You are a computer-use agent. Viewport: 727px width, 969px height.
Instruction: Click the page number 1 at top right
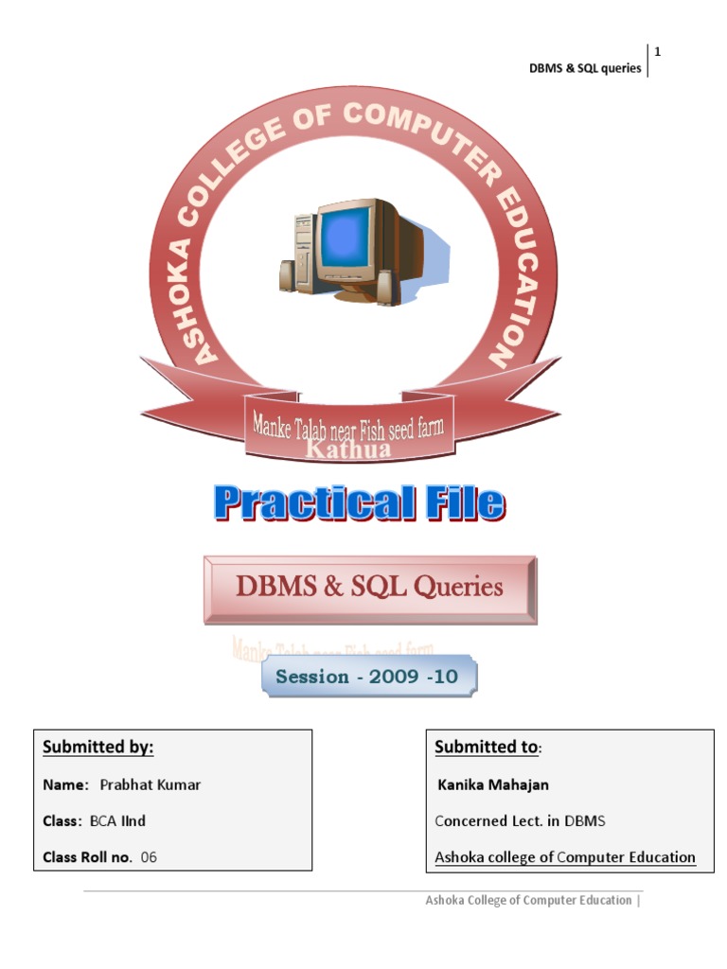(x=657, y=52)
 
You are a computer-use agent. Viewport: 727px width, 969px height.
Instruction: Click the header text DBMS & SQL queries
(x=584, y=69)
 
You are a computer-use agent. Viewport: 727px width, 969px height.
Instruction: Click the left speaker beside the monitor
(x=288, y=275)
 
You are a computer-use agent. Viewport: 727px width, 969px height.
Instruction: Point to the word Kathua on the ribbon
(x=347, y=449)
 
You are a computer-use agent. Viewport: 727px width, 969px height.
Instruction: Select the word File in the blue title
(x=462, y=502)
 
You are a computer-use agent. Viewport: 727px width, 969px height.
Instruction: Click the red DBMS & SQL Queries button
(x=369, y=588)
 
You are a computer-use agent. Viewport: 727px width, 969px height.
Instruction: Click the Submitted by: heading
(x=98, y=748)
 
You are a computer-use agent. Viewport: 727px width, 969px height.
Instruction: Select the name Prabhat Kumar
(x=150, y=784)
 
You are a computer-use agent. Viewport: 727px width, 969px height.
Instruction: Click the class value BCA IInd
(x=117, y=821)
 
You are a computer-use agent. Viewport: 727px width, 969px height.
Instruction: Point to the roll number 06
(x=149, y=857)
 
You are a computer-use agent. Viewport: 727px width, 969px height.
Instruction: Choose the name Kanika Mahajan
(x=493, y=784)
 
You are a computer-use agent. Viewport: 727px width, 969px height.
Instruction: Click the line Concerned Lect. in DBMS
(x=520, y=821)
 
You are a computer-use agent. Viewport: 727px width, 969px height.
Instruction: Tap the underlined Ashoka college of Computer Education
(x=565, y=857)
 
